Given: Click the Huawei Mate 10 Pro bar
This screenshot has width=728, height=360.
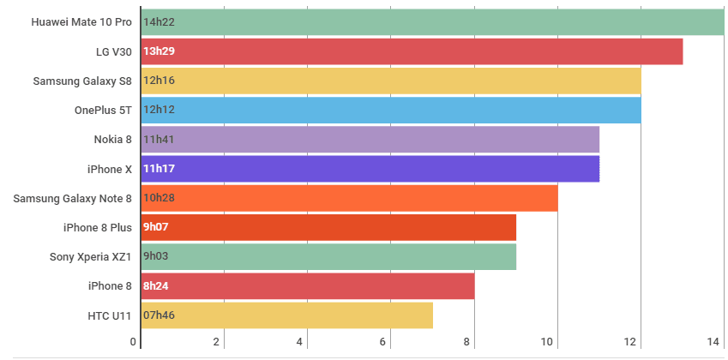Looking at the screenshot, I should (433, 22).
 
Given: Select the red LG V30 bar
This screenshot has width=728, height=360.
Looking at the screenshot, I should (412, 51).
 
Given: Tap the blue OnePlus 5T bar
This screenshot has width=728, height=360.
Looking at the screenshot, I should (391, 110).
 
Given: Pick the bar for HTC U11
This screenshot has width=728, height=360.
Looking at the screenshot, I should (286, 315).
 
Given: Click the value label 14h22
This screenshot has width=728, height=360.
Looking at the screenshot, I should (159, 22).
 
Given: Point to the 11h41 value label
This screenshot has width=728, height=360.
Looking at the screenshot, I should (159, 140).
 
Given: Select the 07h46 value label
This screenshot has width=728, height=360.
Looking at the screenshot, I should (159, 315).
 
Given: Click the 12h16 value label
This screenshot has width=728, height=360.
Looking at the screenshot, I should (159, 81).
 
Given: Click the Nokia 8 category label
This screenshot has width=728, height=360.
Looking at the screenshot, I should (113, 140).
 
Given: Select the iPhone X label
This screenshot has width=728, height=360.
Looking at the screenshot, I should (110, 169).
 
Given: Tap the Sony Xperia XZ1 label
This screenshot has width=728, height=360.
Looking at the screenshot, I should (91, 257).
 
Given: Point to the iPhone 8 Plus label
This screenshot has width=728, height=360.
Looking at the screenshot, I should (98, 228).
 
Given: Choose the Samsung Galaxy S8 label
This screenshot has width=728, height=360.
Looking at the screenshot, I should (82, 81).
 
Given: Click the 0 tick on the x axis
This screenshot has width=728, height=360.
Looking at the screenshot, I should (134, 343).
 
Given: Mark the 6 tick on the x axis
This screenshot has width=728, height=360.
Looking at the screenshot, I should (383, 343).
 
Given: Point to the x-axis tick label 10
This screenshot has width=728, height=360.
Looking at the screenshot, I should (548, 343).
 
